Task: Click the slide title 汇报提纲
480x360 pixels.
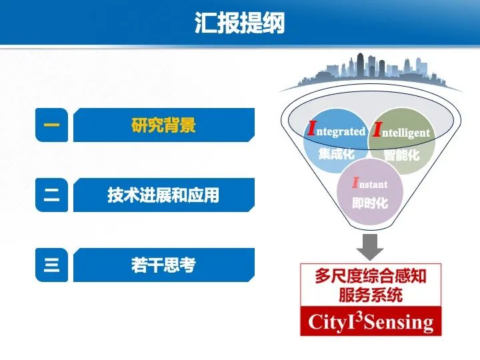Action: tap(239, 23)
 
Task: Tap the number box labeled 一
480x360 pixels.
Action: tap(51, 125)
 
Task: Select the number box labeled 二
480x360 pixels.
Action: tap(51, 195)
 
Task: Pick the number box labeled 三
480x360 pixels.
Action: tap(51, 265)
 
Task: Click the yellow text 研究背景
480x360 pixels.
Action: tap(163, 125)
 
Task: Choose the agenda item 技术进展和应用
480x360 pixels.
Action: tap(163, 195)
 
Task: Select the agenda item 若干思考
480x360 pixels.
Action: tap(163, 265)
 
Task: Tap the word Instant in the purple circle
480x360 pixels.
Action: tap(369, 183)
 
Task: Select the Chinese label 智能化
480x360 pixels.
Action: tap(401, 155)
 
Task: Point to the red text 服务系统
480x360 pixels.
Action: tap(369, 294)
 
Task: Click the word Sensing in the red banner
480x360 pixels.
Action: tap(399, 323)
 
